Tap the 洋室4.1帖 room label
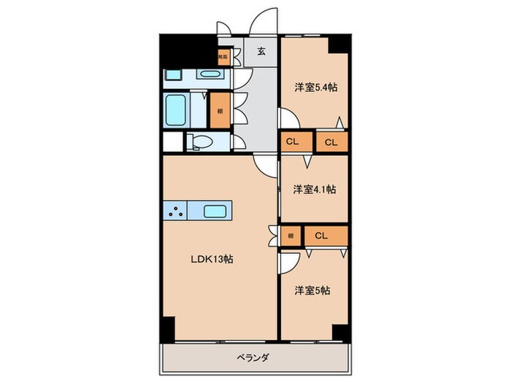tap(315, 190)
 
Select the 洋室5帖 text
tap(312, 290)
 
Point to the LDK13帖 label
tap(212, 259)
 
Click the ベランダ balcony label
tap(253, 357)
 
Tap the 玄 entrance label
tap(260, 51)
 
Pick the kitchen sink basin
tap(217, 212)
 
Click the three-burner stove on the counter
tap(176, 212)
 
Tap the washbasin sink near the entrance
tap(211, 74)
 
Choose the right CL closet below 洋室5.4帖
tap(331, 142)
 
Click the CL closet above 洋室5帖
tap(322, 235)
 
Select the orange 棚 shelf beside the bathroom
tap(218, 112)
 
